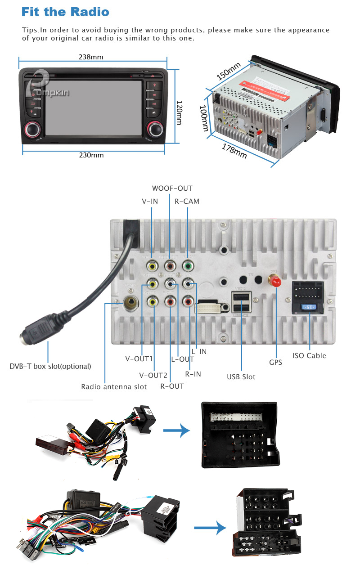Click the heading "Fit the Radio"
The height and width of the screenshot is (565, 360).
pos(65,12)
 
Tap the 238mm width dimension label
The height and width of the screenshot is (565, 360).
pos(91,57)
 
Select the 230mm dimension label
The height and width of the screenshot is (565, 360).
pos(91,155)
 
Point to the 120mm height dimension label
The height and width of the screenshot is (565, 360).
pos(179,112)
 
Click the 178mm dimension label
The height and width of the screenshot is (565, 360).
pos(234,150)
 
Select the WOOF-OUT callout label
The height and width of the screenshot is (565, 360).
pos(172,188)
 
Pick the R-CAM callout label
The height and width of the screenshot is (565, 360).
pos(187,201)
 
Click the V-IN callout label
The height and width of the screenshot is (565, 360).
pos(150,201)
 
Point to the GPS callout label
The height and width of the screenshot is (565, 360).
pos(275,362)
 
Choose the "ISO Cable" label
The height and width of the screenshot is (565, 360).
pos(309,355)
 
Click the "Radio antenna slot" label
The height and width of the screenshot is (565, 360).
pos(114,386)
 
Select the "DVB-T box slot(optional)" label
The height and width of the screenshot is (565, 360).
pos(50,366)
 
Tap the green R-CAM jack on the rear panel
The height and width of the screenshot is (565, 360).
pos(188,266)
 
